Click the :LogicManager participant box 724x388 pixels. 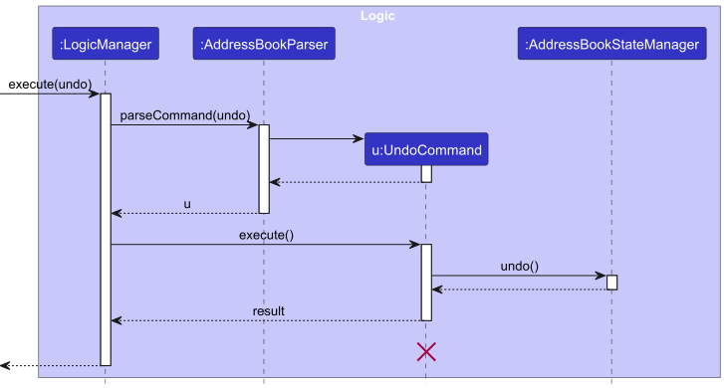(x=105, y=44)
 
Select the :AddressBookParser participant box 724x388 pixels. (x=264, y=44)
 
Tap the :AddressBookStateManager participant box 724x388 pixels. (x=611, y=44)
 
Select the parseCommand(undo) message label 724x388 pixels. (x=185, y=115)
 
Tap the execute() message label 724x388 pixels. (x=266, y=235)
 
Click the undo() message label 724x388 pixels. (x=519, y=266)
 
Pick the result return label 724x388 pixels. (x=268, y=311)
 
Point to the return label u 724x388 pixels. (x=186, y=204)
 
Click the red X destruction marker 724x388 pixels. (x=426, y=351)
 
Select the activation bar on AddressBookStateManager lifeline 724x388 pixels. (x=611, y=283)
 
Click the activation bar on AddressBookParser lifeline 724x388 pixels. (x=264, y=168)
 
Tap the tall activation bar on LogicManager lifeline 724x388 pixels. (x=105, y=229)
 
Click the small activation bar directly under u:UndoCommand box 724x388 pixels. (x=426, y=174)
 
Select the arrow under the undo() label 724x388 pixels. (x=518, y=276)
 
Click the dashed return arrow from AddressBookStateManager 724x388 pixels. (x=518, y=290)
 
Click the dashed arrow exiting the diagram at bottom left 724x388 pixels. (x=50, y=366)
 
